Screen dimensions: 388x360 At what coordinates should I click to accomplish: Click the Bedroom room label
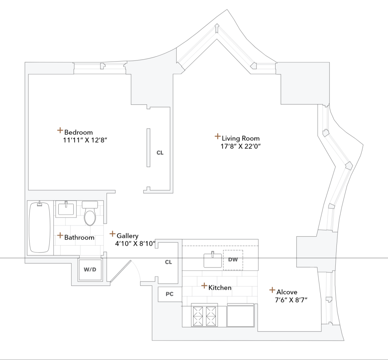click(x=78, y=132)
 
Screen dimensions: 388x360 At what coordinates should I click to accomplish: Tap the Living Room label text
click(x=240, y=138)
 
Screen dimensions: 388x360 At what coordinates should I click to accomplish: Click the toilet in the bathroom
click(x=90, y=216)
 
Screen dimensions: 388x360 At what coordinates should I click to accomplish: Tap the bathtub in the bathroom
click(x=40, y=228)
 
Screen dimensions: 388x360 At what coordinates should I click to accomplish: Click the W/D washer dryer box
click(x=90, y=270)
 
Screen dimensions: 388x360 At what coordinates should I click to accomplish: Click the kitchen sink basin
click(x=213, y=260)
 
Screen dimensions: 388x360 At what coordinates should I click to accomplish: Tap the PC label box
click(x=169, y=294)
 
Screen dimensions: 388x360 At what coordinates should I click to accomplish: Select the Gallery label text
click(x=128, y=236)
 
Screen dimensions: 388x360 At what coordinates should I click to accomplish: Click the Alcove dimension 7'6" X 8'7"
click(x=291, y=299)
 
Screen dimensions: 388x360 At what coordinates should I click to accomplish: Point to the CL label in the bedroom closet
click(x=160, y=153)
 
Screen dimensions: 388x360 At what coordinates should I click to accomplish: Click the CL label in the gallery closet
click(x=168, y=262)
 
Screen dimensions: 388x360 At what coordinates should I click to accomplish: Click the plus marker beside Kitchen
click(x=204, y=286)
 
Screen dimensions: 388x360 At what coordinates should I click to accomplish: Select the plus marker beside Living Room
click(x=217, y=136)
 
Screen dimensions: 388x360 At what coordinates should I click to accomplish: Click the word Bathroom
click(x=79, y=237)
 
